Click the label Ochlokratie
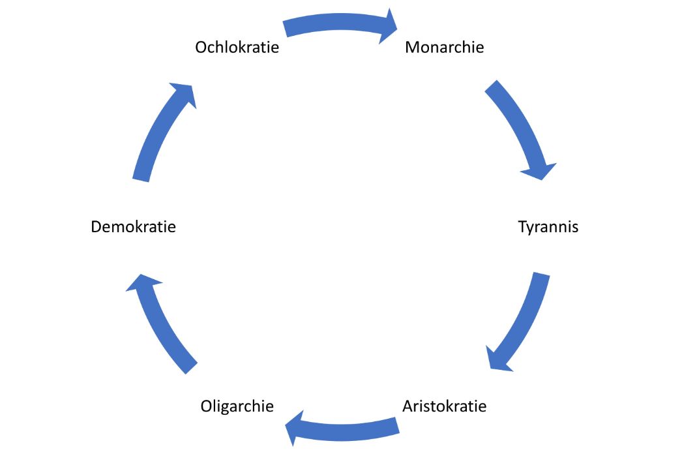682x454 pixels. (x=237, y=48)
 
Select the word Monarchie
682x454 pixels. (x=444, y=48)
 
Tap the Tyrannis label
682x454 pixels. (x=548, y=227)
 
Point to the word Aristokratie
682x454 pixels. (x=444, y=406)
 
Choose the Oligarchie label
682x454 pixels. (x=237, y=406)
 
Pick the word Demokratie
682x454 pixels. (x=133, y=227)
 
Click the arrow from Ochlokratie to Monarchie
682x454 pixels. (x=339, y=25)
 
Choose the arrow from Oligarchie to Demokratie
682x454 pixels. (x=160, y=323)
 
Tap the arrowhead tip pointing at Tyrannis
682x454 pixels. (x=543, y=179)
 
